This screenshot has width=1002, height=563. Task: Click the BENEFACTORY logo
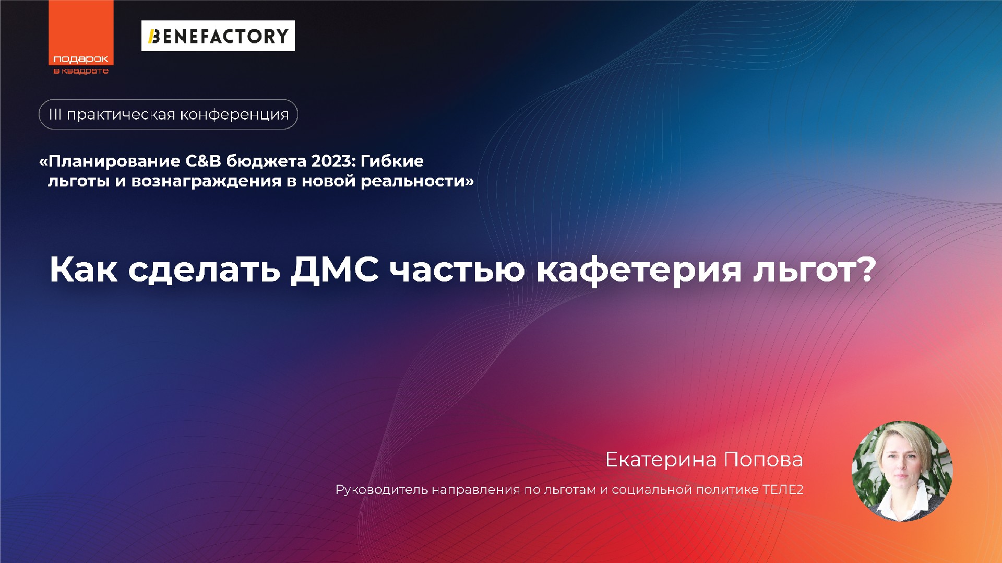click(218, 36)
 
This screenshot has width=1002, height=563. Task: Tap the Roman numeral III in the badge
click(55, 114)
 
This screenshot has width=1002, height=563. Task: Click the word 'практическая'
click(121, 114)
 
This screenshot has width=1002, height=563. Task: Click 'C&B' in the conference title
click(203, 161)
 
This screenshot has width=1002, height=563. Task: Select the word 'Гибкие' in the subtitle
click(392, 161)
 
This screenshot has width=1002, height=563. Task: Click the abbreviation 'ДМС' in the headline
click(335, 269)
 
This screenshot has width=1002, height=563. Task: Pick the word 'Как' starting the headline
click(83, 269)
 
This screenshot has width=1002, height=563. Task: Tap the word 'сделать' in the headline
click(204, 269)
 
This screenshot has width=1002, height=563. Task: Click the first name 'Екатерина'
click(661, 460)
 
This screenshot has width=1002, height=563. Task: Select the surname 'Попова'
click(763, 460)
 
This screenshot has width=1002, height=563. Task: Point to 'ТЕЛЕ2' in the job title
click(782, 490)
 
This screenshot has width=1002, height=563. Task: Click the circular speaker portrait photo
click(902, 471)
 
